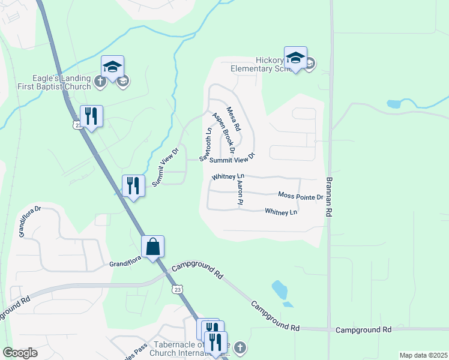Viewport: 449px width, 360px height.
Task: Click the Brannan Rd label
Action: click(x=329, y=189)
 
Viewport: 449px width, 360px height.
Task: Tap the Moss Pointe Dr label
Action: click(x=301, y=196)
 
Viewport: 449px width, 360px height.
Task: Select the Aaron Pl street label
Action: click(x=240, y=193)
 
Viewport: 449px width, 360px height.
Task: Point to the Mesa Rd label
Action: click(x=234, y=119)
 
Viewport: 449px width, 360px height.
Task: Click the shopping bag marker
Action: click(x=152, y=246)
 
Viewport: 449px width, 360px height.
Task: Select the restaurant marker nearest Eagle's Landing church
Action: click(x=91, y=115)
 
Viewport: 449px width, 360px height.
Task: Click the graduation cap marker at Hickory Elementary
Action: click(x=295, y=58)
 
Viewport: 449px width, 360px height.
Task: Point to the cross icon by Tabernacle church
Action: click(x=240, y=347)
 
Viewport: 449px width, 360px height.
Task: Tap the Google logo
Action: click(x=20, y=353)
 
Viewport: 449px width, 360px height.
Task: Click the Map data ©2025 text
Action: click(x=423, y=355)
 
